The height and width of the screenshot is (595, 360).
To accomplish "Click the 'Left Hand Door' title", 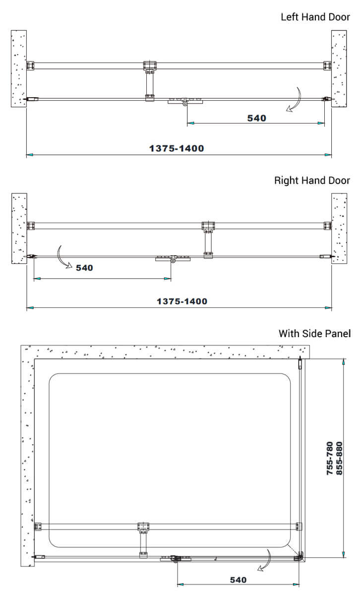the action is click(x=315, y=17).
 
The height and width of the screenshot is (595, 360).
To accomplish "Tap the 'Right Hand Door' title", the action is click(x=312, y=180).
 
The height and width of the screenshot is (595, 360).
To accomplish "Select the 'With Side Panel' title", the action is click(x=314, y=334).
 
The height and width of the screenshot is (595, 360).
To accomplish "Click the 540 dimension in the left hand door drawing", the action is click(x=257, y=118).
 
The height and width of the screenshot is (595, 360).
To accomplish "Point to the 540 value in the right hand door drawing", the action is click(x=84, y=268).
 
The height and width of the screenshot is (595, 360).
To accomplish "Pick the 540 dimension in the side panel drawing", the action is click(x=239, y=580).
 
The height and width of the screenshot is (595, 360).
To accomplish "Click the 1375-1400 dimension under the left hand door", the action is click(x=177, y=148).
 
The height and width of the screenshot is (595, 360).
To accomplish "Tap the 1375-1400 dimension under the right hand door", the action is click(x=182, y=301).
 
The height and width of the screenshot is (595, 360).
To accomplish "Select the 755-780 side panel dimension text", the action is click(x=330, y=458).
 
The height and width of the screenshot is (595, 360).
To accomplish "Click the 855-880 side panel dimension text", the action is click(x=339, y=458).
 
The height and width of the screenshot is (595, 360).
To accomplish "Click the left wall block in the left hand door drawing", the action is click(x=19, y=68).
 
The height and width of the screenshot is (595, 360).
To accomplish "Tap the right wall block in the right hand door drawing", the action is click(x=339, y=229).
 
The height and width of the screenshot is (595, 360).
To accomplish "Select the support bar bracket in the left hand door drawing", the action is click(x=150, y=81).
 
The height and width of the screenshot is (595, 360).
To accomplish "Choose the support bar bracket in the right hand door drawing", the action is click(x=208, y=240).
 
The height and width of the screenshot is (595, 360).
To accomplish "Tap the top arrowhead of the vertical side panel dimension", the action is click(x=344, y=361).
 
